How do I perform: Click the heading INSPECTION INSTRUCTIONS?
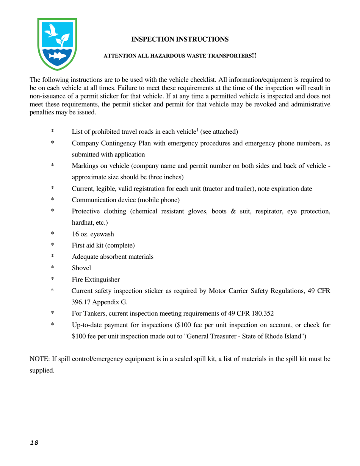click(180, 39)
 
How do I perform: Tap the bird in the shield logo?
click(53, 31)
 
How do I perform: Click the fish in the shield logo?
click(58, 56)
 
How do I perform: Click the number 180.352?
click(261, 313)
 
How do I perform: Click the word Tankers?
click(93, 313)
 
